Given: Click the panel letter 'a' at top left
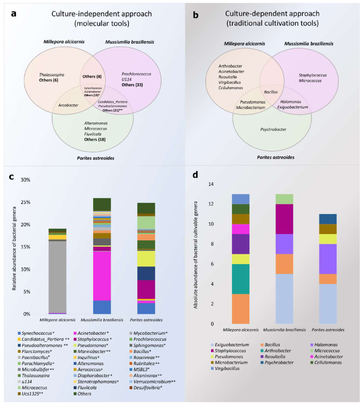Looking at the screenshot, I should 14,15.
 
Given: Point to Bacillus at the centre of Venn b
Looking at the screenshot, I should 271,92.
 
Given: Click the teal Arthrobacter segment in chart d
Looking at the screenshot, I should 240,274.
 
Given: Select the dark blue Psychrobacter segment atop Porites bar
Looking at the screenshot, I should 328,219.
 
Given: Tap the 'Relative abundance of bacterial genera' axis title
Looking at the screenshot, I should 15,247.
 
